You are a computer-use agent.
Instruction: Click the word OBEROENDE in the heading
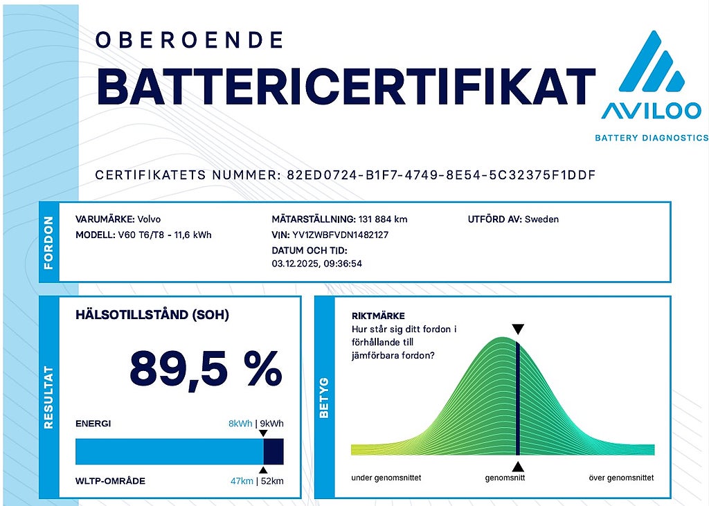190,40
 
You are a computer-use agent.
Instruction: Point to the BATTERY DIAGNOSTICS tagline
652,138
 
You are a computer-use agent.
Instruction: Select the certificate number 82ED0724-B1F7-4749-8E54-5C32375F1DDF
441,174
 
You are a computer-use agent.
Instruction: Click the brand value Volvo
150,219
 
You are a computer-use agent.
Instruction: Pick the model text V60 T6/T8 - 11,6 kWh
165,235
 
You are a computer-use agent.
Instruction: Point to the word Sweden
541,219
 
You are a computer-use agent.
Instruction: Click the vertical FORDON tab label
48,242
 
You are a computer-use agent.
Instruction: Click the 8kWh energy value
240,424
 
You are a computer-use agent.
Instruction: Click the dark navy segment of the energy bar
273,451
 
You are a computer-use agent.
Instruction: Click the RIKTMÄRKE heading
378,316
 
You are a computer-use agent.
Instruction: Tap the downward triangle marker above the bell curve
518,329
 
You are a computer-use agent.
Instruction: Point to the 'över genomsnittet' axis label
620,478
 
